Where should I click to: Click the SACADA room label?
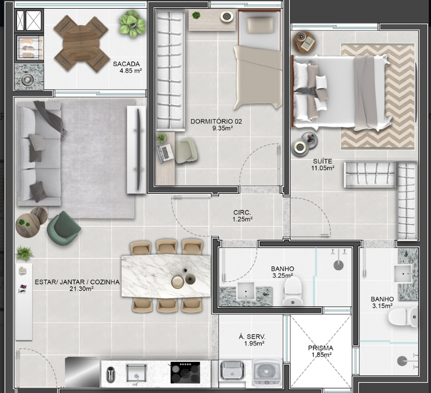[126, 64]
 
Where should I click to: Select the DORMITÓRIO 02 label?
[216, 121]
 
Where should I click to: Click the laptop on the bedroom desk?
[165, 153]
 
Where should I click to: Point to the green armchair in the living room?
[64, 228]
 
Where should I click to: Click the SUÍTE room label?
[322, 161]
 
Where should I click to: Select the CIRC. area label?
[242, 212]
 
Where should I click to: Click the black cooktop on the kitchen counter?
[185, 372]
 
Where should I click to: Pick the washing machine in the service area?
[266, 372]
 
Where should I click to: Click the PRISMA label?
[321, 348]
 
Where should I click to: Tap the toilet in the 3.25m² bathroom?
[293, 291]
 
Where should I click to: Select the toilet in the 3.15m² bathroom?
[403, 317]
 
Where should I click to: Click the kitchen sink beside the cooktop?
[136, 373]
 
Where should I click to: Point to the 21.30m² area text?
[81, 289]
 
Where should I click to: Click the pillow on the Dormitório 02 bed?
[261, 25]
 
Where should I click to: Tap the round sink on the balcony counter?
[27, 79]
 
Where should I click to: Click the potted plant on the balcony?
[132, 24]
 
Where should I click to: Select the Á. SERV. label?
[252, 337]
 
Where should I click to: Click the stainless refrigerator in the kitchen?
[82, 372]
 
